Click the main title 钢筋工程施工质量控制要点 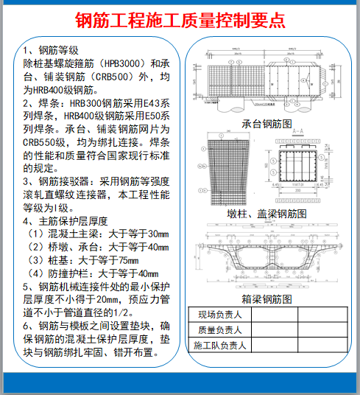pos(180,18)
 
